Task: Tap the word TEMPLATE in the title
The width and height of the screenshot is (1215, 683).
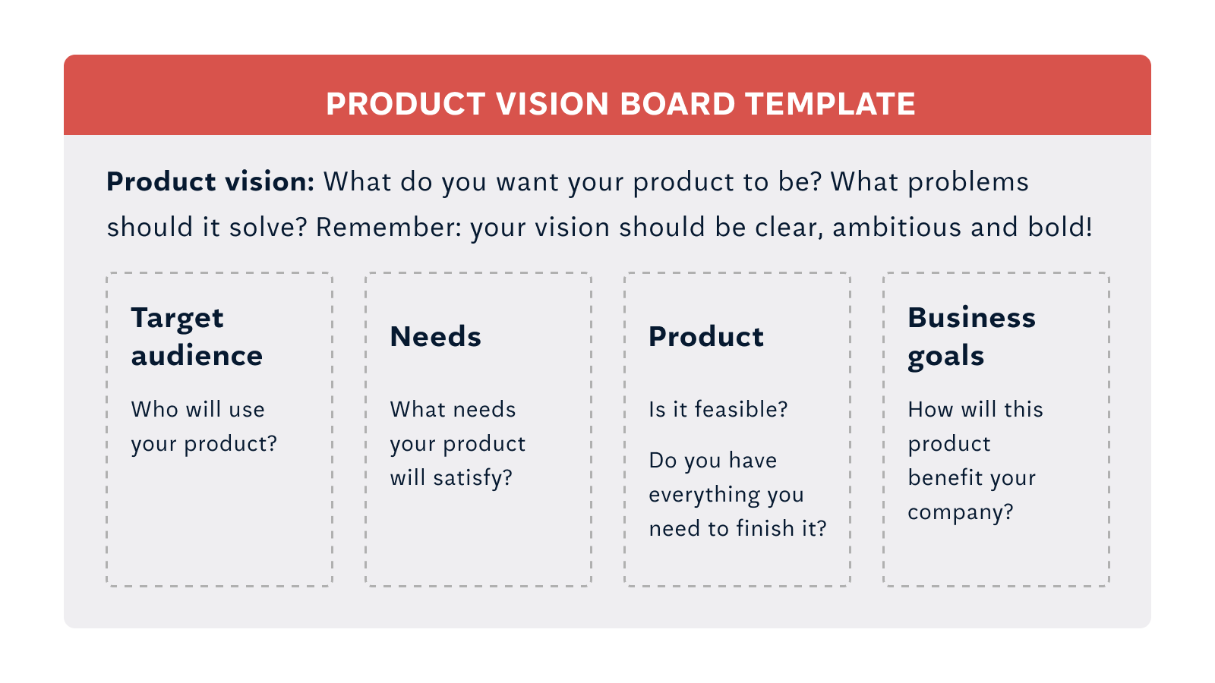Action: click(x=831, y=104)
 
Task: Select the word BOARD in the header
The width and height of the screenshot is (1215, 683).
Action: click(x=677, y=104)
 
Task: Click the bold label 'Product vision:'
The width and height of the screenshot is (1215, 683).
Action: click(x=210, y=182)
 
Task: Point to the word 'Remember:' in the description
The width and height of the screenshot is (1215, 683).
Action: click(x=388, y=227)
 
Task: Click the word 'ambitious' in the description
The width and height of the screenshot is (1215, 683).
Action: click(x=897, y=227)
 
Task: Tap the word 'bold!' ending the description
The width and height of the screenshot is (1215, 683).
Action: click(x=1060, y=227)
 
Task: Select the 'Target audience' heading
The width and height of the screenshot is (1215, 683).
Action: click(x=197, y=337)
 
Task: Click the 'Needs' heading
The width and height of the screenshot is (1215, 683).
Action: click(x=436, y=337)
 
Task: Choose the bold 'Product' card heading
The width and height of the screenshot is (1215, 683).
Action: click(x=706, y=337)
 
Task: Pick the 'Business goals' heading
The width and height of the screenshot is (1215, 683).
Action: click(x=972, y=337)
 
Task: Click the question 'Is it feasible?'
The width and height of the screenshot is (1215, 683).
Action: click(x=718, y=409)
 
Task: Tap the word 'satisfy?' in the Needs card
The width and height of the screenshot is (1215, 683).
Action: click(x=473, y=478)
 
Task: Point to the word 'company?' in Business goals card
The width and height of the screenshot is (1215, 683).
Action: click(x=961, y=512)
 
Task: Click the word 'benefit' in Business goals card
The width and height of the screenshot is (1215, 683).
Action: click(x=941, y=477)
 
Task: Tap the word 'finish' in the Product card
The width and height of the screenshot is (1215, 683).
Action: click(x=765, y=528)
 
